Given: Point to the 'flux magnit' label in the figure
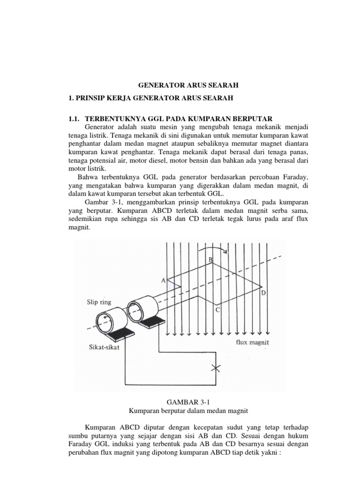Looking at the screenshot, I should point(252,343).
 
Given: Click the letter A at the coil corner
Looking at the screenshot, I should point(164,280).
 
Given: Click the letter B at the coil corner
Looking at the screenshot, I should point(211,260).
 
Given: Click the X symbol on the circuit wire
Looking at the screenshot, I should point(216,367).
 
